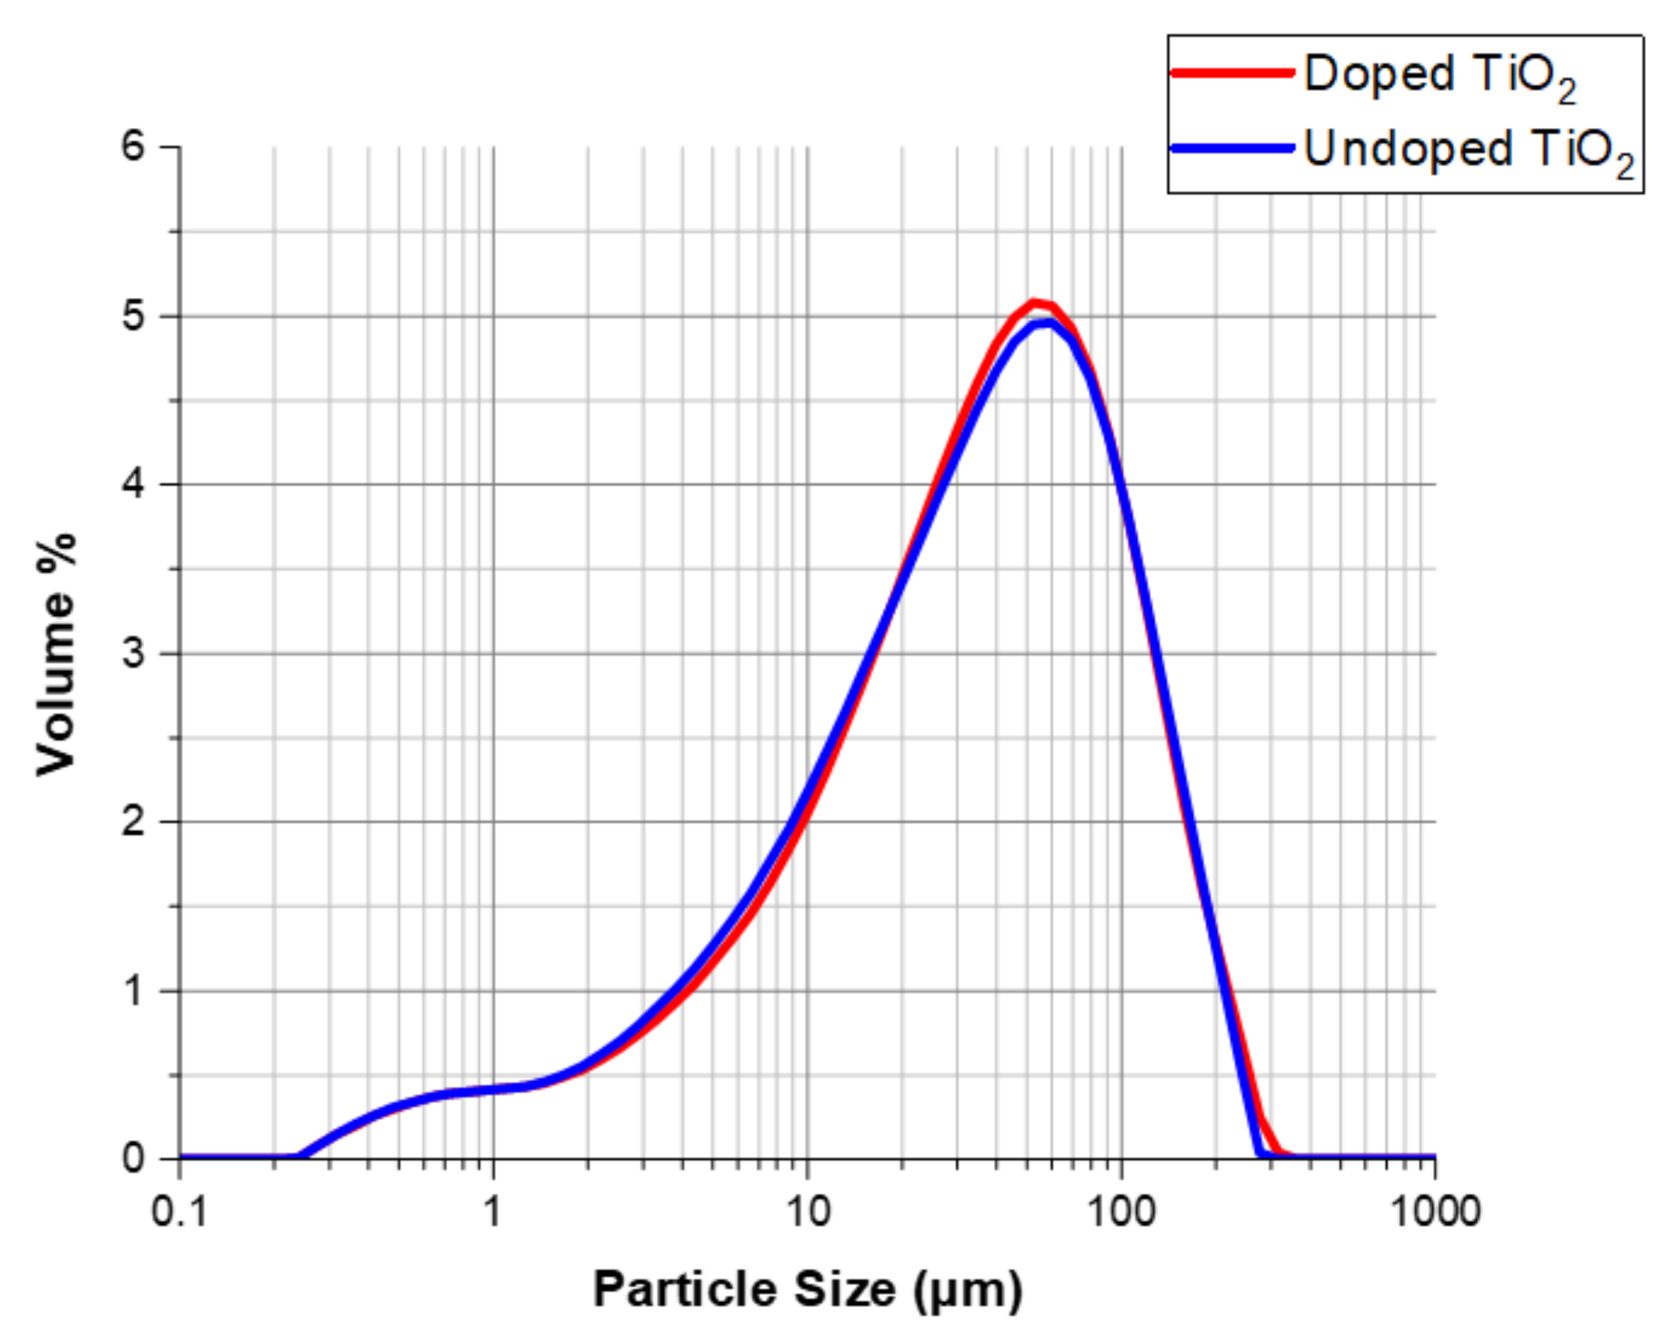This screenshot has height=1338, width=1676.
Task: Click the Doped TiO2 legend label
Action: click(x=1439, y=75)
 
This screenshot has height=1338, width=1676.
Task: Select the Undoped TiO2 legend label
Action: click(x=1468, y=150)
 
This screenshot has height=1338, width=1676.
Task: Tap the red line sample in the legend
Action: click(x=1233, y=73)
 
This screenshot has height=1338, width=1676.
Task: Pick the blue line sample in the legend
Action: click(x=1233, y=148)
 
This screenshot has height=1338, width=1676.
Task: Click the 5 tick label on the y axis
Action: click(x=134, y=316)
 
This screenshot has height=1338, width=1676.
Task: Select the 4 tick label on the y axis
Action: click(x=134, y=484)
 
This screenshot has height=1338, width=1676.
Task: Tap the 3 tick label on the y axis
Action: click(x=134, y=653)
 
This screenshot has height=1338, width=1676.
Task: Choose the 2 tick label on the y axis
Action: click(x=134, y=822)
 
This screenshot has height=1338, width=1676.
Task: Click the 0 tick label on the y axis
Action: click(x=134, y=1158)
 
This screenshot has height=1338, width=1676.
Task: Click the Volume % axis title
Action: click(x=57, y=653)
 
